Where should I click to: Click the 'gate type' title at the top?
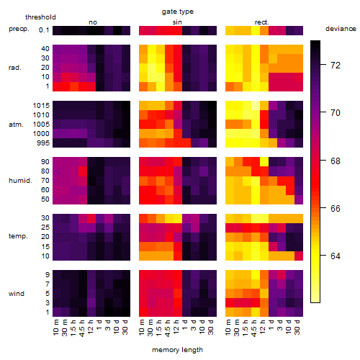pyautogui.click(x=178, y=12)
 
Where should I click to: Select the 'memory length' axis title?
pyautogui.click(x=177, y=350)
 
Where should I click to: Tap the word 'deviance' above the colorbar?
pyautogui.click(x=341, y=29)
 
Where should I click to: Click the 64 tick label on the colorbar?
pyautogui.click(x=336, y=256)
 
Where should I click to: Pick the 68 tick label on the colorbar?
pyautogui.click(x=336, y=161)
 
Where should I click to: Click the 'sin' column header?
pyautogui.click(x=177, y=22)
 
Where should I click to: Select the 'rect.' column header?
pyautogui.click(x=261, y=22)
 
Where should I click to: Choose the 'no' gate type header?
pyautogui.click(x=93, y=22)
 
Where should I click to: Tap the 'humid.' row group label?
pyautogui.click(x=20, y=181)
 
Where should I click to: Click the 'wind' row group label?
pyautogui.click(x=17, y=294)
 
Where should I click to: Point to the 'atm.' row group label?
pyautogui.click(x=16, y=125)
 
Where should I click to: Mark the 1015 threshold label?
pyautogui.click(x=41, y=106)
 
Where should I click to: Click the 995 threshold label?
pyautogui.click(x=43, y=143)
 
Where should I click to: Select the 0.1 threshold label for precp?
pyautogui.click(x=44, y=30)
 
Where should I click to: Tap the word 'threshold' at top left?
pyautogui.click(x=40, y=17)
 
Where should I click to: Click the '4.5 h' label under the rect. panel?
pyautogui.click(x=254, y=328)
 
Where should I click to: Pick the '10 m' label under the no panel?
pyautogui.click(x=55, y=328)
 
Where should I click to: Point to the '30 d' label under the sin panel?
pyautogui.click(x=210, y=328)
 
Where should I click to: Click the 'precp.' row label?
pyautogui.click(x=19, y=29)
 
